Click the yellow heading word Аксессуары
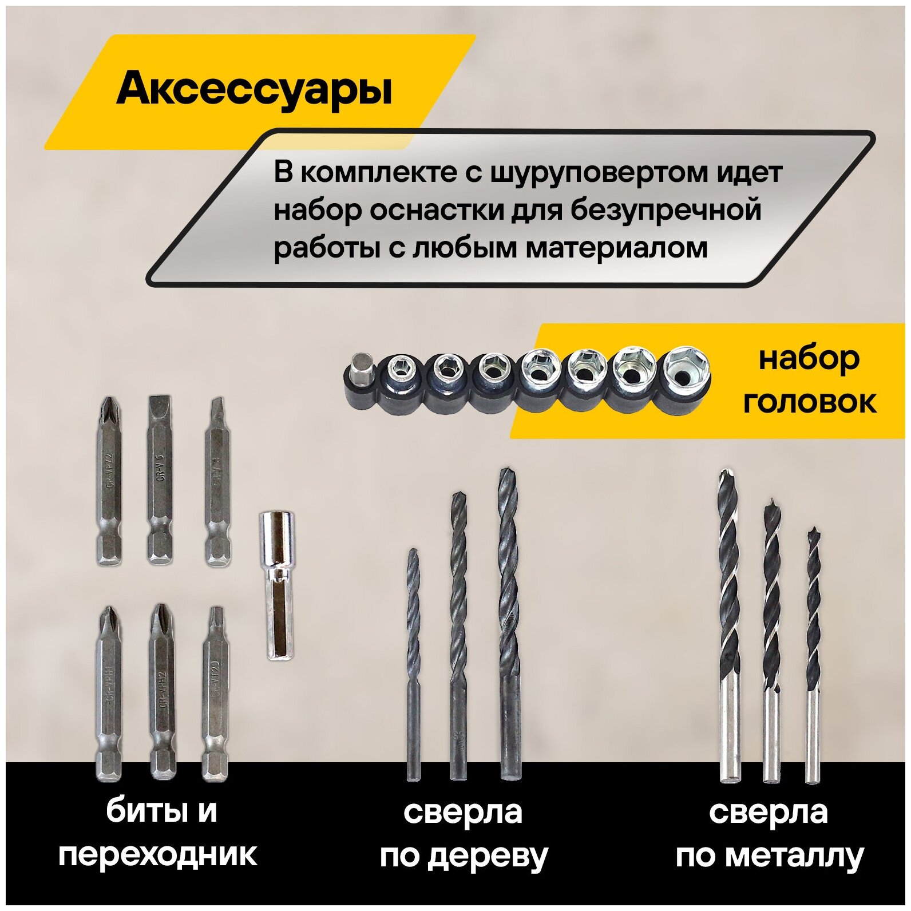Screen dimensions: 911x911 point(254,89)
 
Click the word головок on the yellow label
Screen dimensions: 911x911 point(809,401)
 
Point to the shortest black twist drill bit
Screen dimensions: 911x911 point(413,664)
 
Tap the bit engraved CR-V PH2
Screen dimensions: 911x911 point(163,692)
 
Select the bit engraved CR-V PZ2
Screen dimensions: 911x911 point(109,481)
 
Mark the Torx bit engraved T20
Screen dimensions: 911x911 point(215,692)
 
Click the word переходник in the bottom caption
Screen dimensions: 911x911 point(158,855)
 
